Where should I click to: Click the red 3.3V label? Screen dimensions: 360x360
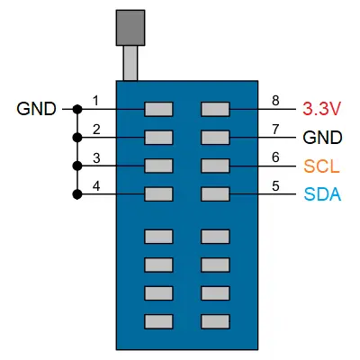[321, 109]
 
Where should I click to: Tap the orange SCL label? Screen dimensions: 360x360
[321, 166]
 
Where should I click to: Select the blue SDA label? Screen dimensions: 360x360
[322, 194]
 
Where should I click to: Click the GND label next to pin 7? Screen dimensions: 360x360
[322, 138]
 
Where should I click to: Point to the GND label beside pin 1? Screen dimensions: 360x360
[36, 109]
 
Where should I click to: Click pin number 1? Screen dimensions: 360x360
[95, 101]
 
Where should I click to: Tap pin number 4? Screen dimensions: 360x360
[96, 186]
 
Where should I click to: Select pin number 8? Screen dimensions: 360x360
[275, 101]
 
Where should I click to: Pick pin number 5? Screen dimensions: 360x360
[275, 186]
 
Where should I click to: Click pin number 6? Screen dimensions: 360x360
[275, 157]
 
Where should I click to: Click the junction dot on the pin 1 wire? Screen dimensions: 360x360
[77, 109]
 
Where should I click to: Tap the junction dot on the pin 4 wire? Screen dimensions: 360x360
[77, 194]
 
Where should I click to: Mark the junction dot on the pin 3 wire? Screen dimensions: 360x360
[77, 166]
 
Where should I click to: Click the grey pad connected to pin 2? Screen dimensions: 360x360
[158, 138]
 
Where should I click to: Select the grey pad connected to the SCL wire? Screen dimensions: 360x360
[215, 166]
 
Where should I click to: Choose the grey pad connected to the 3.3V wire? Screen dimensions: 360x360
[215, 109]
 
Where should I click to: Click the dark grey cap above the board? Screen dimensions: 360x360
[130, 28]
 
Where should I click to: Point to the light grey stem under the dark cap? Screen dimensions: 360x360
[130, 63]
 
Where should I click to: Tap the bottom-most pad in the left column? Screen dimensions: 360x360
[158, 321]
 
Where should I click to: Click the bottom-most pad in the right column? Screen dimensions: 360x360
[215, 321]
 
